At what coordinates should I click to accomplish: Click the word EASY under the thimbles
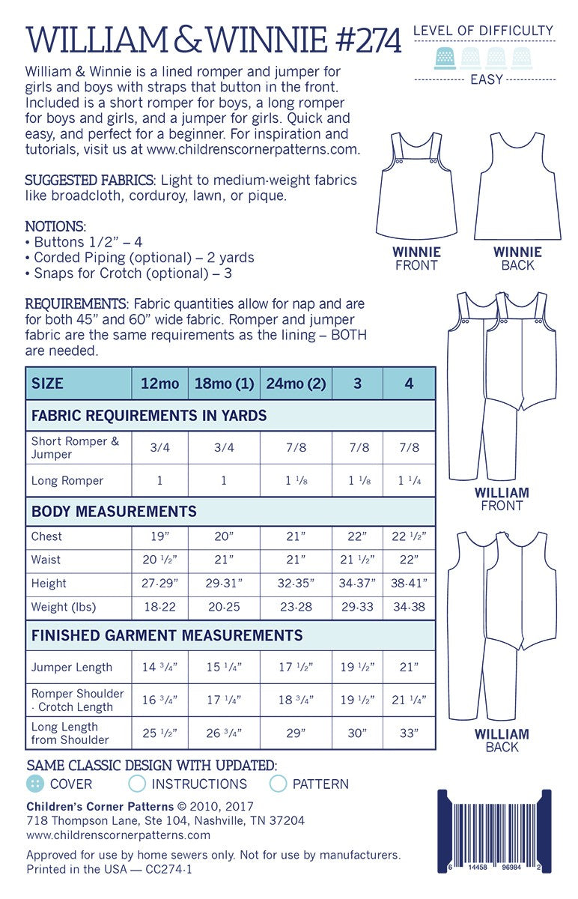(487, 79)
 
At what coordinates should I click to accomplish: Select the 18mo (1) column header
(224, 384)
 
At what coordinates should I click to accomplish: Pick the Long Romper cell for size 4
(409, 480)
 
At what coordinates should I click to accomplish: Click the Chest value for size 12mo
(159, 536)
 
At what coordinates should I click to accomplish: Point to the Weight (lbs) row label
(64, 607)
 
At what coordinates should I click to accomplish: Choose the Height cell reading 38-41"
(409, 583)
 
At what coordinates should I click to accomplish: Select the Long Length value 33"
(409, 733)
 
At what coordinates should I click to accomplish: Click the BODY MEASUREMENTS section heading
(114, 512)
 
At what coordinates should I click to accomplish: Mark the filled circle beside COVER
(34, 784)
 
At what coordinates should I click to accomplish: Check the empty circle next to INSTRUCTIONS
(137, 784)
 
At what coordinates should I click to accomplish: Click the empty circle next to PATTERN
(279, 784)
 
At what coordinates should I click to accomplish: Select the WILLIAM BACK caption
(502, 740)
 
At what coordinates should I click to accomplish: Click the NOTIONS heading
(55, 225)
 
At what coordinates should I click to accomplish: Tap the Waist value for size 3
(357, 560)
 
